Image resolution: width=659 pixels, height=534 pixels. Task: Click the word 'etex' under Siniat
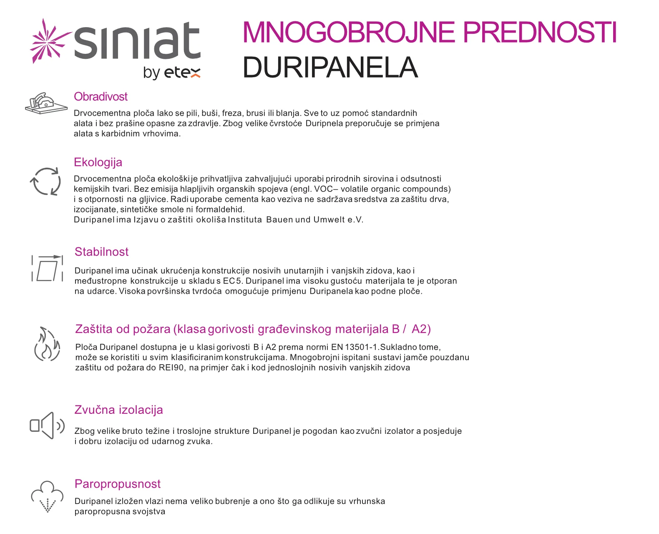[x=182, y=73]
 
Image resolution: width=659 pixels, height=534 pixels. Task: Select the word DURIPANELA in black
[x=330, y=68]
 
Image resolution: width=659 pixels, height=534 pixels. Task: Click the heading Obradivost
[x=101, y=97]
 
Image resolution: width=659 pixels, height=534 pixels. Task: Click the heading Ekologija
[x=98, y=162]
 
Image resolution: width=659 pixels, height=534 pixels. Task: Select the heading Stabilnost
[x=101, y=252]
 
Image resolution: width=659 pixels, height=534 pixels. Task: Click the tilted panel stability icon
[x=47, y=268]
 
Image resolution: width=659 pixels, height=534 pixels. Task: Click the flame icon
[x=47, y=345]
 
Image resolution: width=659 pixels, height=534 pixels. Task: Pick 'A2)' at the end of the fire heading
[x=421, y=329]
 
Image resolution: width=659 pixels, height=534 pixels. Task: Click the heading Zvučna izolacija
[x=118, y=410]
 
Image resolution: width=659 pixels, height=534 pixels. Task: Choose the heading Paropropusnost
[x=117, y=484]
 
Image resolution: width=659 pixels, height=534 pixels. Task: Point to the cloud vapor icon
[x=47, y=496]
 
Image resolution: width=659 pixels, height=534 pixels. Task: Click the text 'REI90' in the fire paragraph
[x=171, y=368]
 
